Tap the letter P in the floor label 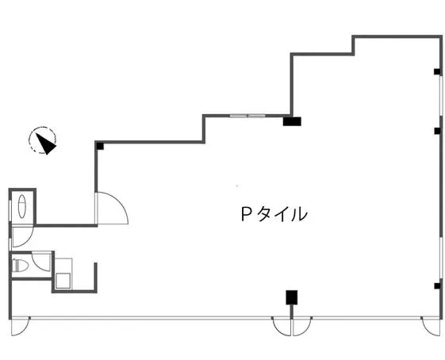point(245,213)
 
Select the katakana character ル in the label point(299,214)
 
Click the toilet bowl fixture point(21,266)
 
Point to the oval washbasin point(22,206)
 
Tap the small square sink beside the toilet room point(63,281)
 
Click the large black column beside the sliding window point(292,121)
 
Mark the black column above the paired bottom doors point(291,297)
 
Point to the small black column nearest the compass point(100,146)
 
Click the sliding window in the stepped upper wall point(247,116)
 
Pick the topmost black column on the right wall point(437,72)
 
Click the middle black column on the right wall point(437,131)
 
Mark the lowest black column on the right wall point(437,286)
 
